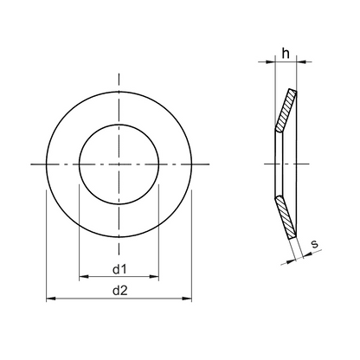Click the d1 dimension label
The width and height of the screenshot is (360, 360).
[119, 269]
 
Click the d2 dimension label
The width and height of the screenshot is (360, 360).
[119, 291]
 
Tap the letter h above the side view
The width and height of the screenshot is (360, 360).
[286, 53]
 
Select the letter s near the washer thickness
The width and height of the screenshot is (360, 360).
[315, 244]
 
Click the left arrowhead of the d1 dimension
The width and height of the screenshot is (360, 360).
[84, 277]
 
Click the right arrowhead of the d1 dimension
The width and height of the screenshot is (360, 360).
[154, 277]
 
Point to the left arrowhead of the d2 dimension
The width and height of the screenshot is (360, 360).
[51, 299]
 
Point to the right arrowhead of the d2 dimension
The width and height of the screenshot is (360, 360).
[187, 299]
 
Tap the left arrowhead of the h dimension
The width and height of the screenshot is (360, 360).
[271, 61]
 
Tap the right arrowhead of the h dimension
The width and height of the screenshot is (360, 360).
[301, 61]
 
